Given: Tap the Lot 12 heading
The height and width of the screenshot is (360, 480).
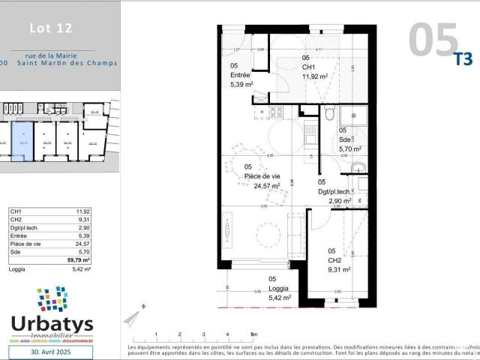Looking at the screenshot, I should click(x=51, y=28).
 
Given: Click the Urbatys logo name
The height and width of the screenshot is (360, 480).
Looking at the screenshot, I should click(x=52, y=324).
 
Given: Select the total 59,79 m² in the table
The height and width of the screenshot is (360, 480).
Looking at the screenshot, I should click(x=79, y=260).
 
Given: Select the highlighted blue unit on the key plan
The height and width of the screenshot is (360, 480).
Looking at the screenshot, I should click(x=23, y=140).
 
